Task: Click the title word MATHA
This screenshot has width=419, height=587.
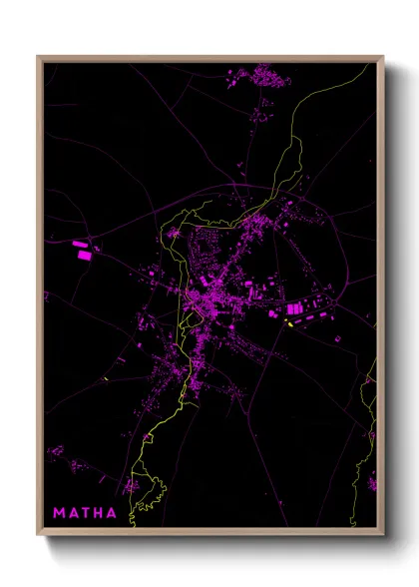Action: coord(84,514)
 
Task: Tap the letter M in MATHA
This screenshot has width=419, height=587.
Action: coord(58,514)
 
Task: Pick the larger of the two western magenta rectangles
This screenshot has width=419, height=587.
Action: coord(83,255)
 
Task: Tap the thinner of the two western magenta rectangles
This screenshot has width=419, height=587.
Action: coord(81,243)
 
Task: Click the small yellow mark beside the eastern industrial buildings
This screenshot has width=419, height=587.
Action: coord(290,323)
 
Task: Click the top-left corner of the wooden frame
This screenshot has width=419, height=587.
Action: coord(38,57)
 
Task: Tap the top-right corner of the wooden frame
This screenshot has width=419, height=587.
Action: coord(383,57)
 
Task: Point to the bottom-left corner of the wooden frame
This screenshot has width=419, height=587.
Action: coord(38,534)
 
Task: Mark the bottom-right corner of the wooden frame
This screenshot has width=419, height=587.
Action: coord(383,534)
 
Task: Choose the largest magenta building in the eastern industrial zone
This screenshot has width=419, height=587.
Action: coord(295,310)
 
